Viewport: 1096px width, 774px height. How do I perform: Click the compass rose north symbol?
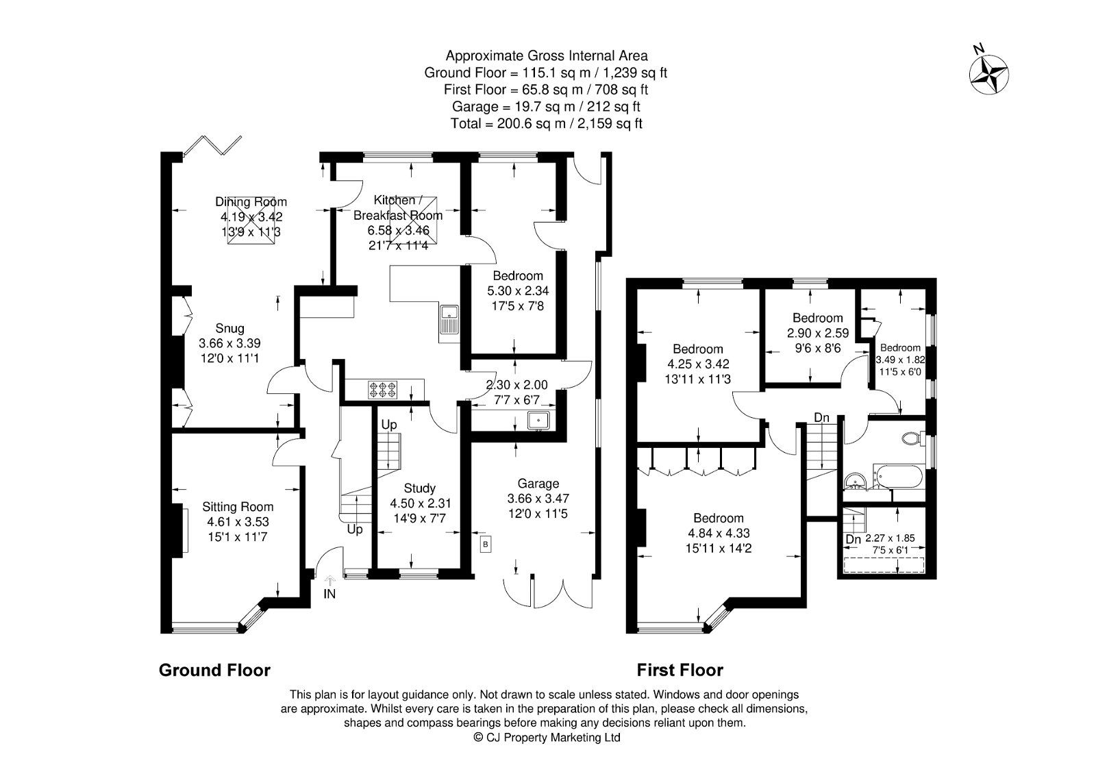tap(987, 73)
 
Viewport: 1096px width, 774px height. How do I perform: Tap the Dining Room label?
tap(251, 201)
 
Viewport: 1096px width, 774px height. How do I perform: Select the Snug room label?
tap(229, 328)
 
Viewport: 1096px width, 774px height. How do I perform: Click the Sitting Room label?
tap(238, 507)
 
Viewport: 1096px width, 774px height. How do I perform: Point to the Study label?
tap(419, 488)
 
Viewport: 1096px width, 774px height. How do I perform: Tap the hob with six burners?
tap(384, 390)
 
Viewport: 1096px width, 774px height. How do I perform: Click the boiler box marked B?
tap(486, 545)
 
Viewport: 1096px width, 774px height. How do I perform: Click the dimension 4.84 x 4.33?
tap(717, 532)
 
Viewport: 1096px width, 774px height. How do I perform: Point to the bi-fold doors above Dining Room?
tap(213, 147)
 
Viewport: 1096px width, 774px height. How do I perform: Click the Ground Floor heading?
tap(214, 670)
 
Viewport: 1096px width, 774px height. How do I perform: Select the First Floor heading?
tap(680, 670)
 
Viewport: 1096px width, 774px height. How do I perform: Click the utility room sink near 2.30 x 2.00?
tap(540, 419)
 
